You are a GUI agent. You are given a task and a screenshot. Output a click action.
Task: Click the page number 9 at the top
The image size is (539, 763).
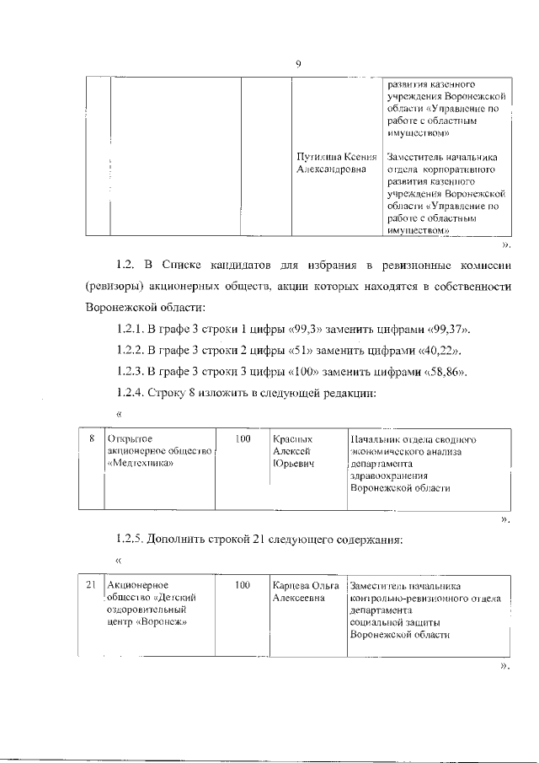click(298, 64)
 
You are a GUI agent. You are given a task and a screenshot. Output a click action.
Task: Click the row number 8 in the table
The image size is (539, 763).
click(92, 439)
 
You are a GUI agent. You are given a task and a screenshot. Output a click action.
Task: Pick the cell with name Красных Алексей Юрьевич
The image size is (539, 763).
click(296, 452)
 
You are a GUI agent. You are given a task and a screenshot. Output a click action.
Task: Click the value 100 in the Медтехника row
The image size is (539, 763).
click(243, 439)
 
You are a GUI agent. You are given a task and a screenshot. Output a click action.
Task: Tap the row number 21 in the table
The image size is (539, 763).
click(92, 585)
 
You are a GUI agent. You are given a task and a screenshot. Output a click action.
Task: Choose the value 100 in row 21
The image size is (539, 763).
click(243, 585)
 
